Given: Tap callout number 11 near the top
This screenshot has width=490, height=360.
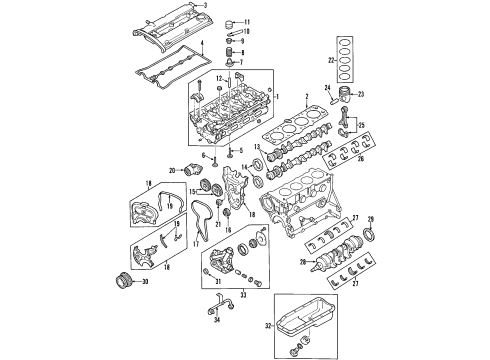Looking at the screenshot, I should (x=248, y=22).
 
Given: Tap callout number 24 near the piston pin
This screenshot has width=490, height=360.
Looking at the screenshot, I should (x=326, y=90).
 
